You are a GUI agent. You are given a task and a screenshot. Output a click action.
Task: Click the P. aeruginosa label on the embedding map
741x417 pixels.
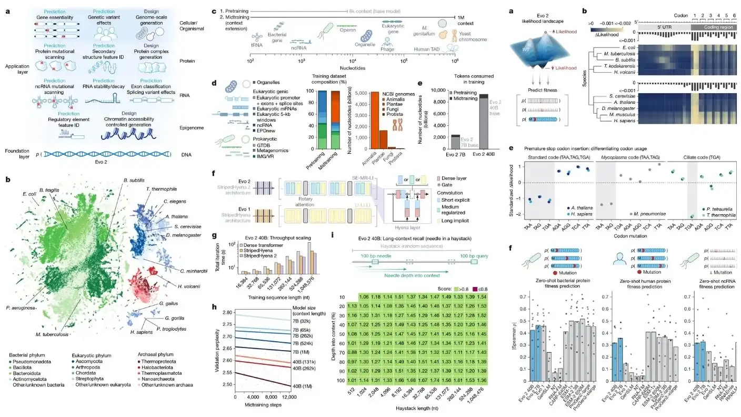[21, 307]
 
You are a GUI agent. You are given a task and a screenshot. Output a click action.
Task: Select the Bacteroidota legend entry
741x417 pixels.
[27, 378]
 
